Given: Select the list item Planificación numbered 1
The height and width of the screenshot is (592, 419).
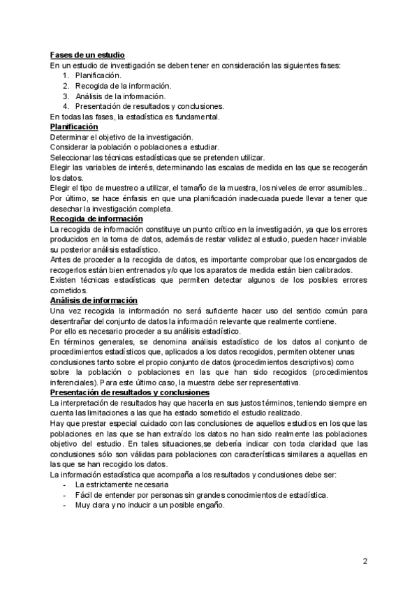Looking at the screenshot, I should click(x=98, y=75).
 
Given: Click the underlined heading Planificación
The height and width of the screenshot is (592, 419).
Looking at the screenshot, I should click(x=74, y=127).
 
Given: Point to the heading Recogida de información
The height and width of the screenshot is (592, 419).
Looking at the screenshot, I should click(x=96, y=219).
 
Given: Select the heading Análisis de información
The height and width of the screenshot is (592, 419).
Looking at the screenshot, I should click(x=94, y=300).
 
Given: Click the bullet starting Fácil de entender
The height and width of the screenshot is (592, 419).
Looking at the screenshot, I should click(x=201, y=495).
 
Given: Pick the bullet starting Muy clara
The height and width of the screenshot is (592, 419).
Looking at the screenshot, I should click(x=149, y=505).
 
